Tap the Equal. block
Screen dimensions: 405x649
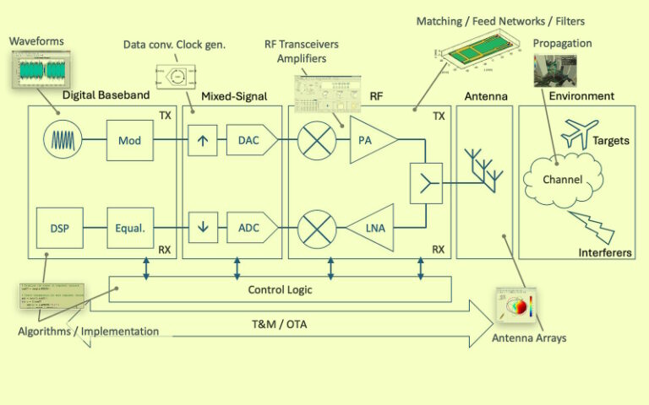pyautogui.click(x=130, y=228)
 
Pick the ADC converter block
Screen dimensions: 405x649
pyautogui.click(x=250, y=228)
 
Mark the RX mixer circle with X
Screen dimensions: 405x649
pyautogui.click(x=318, y=228)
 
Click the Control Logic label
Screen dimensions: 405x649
pyautogui.click(x=280, y=289)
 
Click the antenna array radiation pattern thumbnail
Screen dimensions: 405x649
pyautogui.click(x=515, y=305)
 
